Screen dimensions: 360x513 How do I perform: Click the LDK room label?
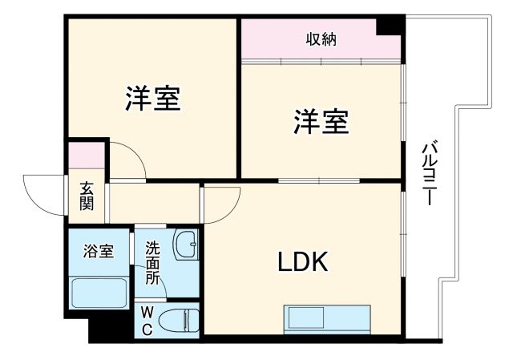302,262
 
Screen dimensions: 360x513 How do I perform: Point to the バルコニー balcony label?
430,172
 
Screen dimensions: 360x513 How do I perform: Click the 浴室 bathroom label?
99,250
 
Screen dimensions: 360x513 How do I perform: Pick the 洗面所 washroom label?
152,262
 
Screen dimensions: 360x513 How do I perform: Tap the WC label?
148,318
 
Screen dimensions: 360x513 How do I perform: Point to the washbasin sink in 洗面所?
186,244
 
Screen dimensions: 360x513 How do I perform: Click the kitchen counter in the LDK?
326,319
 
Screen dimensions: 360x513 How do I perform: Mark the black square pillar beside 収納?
390,26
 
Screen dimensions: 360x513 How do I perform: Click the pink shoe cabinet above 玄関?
86,154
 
